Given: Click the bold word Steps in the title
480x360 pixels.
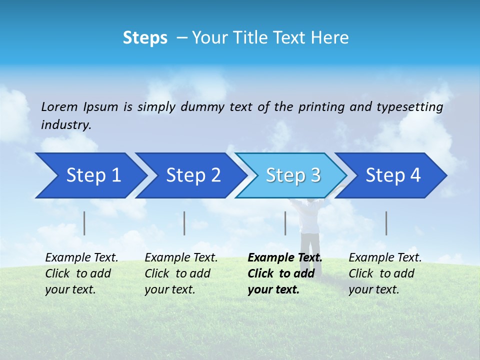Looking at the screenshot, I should [x=145, y=38].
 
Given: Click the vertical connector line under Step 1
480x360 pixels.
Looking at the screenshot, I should [x=84, y=223].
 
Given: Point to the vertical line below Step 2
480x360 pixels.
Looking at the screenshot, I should [x=184, y=223].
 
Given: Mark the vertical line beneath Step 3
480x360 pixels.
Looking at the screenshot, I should [x=285, y=223].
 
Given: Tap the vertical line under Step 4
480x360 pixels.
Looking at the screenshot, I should [x=386, y=223].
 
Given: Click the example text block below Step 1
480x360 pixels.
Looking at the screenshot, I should [x=81, y=273].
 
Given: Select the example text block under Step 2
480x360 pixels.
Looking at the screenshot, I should [x=181, y=273].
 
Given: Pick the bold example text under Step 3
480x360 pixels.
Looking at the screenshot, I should [x=284, y=273].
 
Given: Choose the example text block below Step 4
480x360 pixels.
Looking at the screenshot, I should [x=385, y=273].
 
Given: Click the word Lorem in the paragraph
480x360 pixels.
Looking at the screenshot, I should [x=59, y=107].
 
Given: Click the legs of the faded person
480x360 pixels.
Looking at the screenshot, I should [x=310, y=252].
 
